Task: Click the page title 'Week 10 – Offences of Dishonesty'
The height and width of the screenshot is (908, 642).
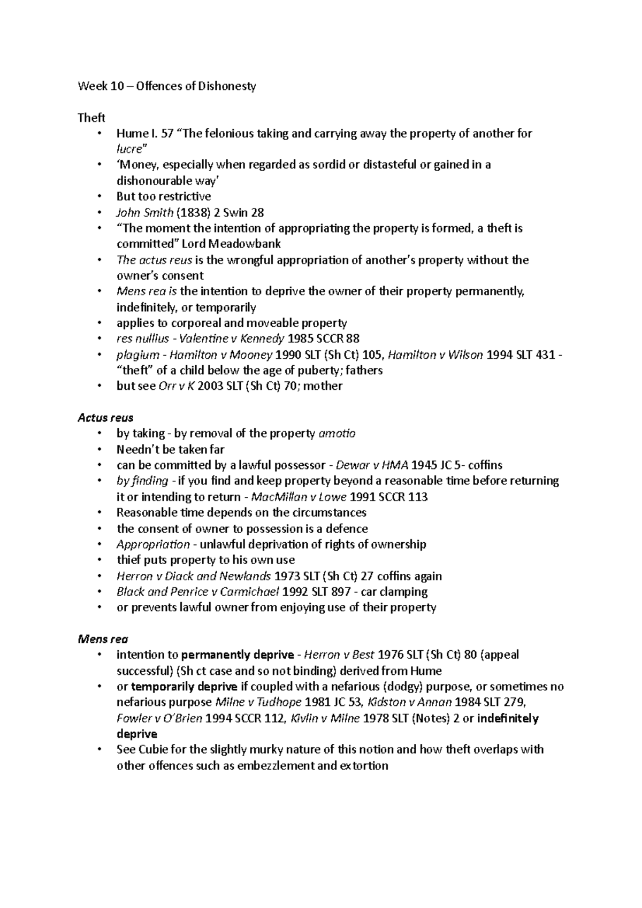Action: pos(167,86)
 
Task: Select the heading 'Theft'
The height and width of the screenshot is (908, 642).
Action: pos(91,118)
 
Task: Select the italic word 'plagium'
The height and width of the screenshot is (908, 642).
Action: pos(137,355)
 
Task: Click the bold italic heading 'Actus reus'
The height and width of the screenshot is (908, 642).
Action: pos(105,418)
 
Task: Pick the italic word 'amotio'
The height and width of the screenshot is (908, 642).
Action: pos(337,433)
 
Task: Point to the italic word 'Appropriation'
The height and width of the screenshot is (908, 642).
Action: pos(153,544)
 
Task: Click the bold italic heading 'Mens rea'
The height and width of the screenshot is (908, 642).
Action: pos(103,638)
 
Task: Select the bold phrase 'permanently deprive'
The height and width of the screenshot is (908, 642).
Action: pos(238,655)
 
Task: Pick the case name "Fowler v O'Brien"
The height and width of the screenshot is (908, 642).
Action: pos(159,718)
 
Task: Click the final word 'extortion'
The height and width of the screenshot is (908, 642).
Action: pos(363,766)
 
